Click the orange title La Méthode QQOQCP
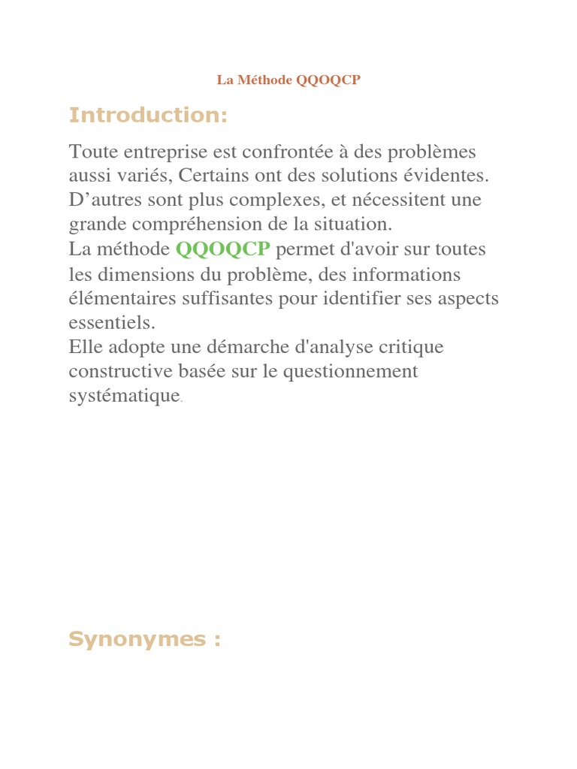tap(288, 80)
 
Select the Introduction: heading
tap(147, 116)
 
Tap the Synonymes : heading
tap(144, 639)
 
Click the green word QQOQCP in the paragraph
tap(222, 249)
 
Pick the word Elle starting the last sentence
tap(84, 348)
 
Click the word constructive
tap(117, 372)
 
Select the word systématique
tap(124, 397)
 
